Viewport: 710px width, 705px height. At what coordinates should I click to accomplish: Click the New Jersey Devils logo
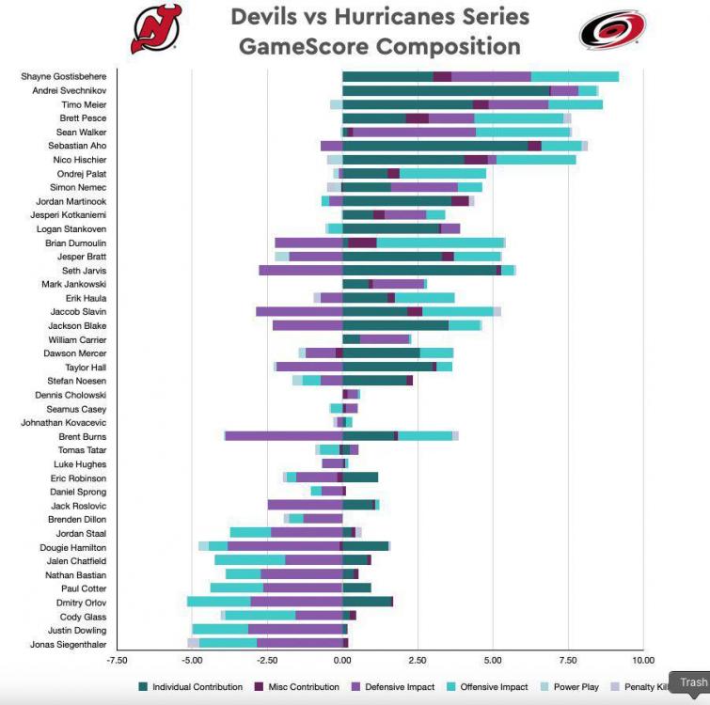point(156,29)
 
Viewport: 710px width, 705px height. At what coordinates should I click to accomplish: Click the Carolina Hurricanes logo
point(612,29)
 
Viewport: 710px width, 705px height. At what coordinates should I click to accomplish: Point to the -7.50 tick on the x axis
point(117,661)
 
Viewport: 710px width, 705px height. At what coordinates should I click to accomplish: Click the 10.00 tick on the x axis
point(642,661)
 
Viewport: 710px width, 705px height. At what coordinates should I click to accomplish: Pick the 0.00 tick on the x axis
point(342,661)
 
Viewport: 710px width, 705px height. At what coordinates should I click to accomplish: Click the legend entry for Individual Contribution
point(197,687)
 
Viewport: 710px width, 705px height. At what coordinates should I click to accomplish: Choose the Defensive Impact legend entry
point(400,687)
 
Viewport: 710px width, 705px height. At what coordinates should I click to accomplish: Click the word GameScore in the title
point(305,46)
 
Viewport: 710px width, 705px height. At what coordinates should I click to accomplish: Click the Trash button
point(693,682)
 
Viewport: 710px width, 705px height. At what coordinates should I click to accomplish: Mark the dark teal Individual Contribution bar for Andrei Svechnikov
point(446,90)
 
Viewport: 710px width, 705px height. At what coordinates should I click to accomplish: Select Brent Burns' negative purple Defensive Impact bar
point(284,436)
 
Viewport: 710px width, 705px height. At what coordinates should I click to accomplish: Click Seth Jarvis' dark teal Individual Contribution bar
point(418,270)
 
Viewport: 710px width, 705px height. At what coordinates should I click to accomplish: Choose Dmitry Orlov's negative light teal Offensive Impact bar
point(219,602)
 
